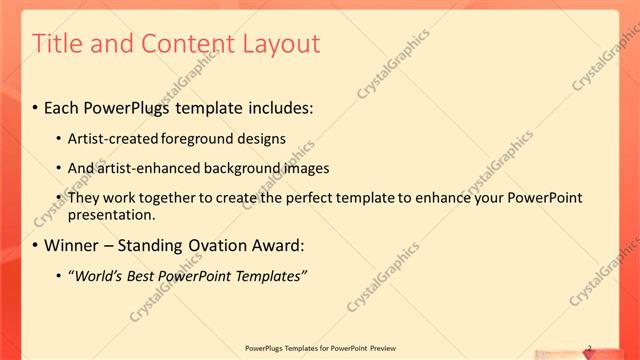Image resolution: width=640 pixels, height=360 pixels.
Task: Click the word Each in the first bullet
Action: click(x=63, y=107)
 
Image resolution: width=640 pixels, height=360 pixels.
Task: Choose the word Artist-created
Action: click(x=111, y=139)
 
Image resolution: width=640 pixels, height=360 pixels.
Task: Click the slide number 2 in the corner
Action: click(x=589, y=348)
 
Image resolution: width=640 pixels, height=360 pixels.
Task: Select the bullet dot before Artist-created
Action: click(x=59, y=139)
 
